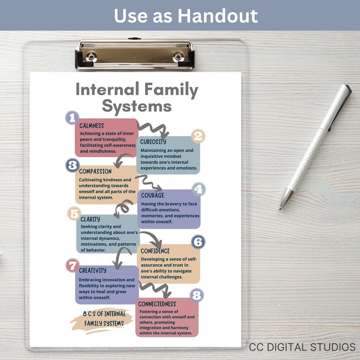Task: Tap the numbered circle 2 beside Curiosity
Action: (x=198, y=136)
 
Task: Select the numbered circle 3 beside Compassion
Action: (x=72, y=165)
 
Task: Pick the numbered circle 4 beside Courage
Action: (x=198, y=189)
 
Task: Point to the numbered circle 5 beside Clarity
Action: (x=74, y=213)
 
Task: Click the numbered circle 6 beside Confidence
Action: (x=198, y=241)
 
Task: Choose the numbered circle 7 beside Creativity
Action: (x=73, y=265)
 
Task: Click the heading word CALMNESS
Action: (x=92, y=126)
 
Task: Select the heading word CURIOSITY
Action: (x=153, y=142)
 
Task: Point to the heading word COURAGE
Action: (x=152, y=195)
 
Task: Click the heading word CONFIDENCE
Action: (x=155, y=251)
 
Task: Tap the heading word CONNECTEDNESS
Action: (x=157, y=304)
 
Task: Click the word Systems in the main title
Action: (x=136, y=106)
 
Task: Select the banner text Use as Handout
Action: (x=185, y=16)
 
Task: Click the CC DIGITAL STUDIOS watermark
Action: (x=302, y=347)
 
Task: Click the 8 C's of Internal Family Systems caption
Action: (x=103, y=318)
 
